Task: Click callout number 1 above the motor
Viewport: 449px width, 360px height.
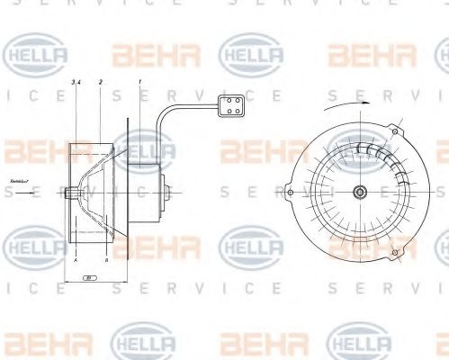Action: pos(141,82)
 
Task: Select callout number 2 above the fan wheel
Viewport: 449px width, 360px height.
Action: pos(100,82)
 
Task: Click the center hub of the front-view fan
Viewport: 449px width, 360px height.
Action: pos(360,191)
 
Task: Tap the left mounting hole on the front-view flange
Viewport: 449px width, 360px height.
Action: pos(288,191)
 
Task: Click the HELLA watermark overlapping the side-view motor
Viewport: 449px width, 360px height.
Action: pos(144,148)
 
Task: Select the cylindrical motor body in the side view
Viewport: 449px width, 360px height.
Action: pos(144,191)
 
